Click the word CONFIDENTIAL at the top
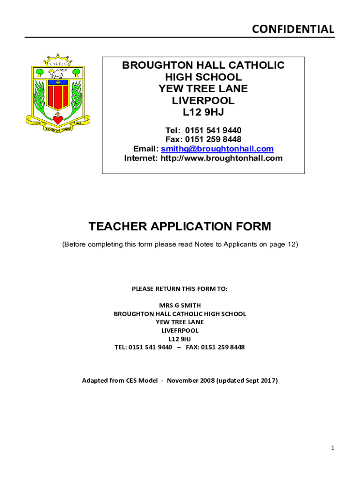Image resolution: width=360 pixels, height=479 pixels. (293, 29)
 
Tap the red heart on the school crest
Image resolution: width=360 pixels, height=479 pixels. (58, 120)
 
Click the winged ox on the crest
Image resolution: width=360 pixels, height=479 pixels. (58, 73)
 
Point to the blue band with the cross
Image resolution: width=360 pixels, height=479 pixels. (58, 83)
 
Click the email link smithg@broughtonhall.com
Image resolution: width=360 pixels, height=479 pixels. (217, 149)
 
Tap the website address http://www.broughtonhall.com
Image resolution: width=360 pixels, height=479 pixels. (222, 158)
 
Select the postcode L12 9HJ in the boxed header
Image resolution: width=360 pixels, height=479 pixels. (203, 112)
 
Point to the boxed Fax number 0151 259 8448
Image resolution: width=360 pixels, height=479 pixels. (213, 139)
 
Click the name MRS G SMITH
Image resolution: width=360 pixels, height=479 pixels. (180, 305)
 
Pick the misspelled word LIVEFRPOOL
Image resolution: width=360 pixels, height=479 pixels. (180, 330)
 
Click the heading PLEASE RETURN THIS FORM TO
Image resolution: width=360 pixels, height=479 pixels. (180, 289)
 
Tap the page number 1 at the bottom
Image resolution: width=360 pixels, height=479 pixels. (332, 448)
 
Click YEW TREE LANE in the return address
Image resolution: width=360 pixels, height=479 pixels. (180, 322)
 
